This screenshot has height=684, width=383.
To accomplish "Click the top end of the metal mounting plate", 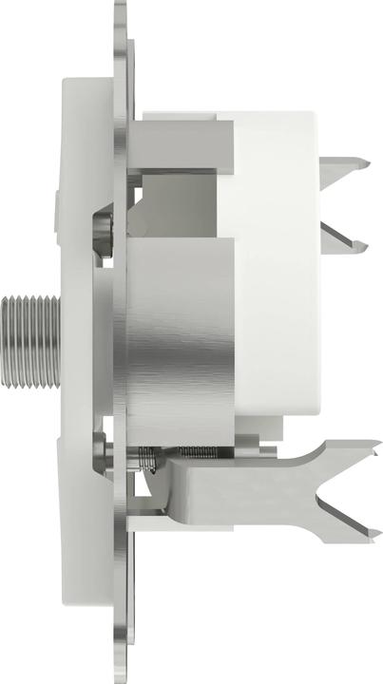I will coord(121,9).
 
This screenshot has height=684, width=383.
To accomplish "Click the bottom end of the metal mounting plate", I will coord(121,673).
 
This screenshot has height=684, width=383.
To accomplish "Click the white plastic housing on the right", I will coord(276,285).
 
